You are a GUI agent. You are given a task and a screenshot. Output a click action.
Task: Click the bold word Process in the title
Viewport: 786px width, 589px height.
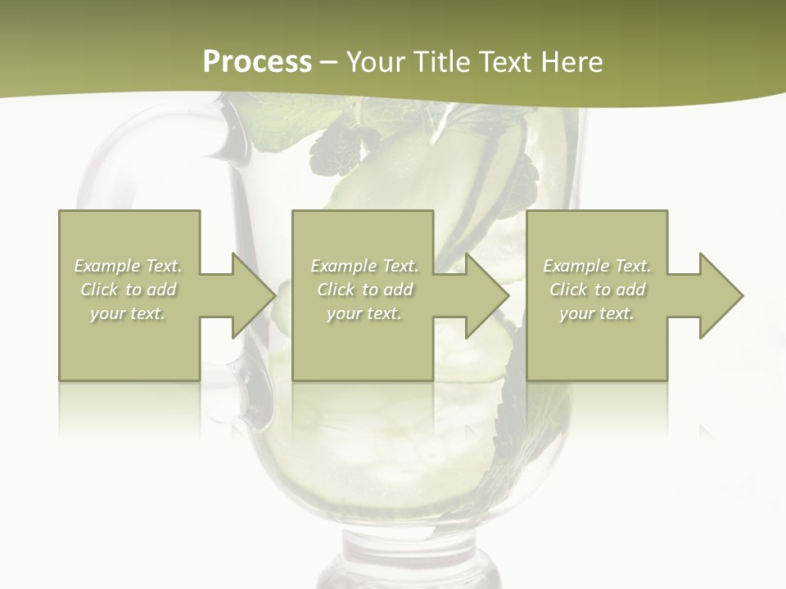coord(257,62)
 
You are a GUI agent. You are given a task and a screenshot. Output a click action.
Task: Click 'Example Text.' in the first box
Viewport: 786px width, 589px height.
coord(129,266)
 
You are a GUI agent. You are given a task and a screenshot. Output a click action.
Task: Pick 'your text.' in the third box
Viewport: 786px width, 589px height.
coord(597,313)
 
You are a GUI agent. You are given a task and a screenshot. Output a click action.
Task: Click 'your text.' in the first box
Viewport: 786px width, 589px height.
coord(129,313)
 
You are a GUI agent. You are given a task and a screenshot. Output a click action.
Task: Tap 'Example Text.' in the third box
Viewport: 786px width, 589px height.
coord(597,266)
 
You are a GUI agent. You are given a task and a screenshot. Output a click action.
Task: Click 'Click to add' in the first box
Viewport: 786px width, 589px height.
coord(129,290)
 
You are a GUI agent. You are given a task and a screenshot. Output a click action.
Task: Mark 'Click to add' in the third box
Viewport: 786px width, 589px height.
coord(597,290)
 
